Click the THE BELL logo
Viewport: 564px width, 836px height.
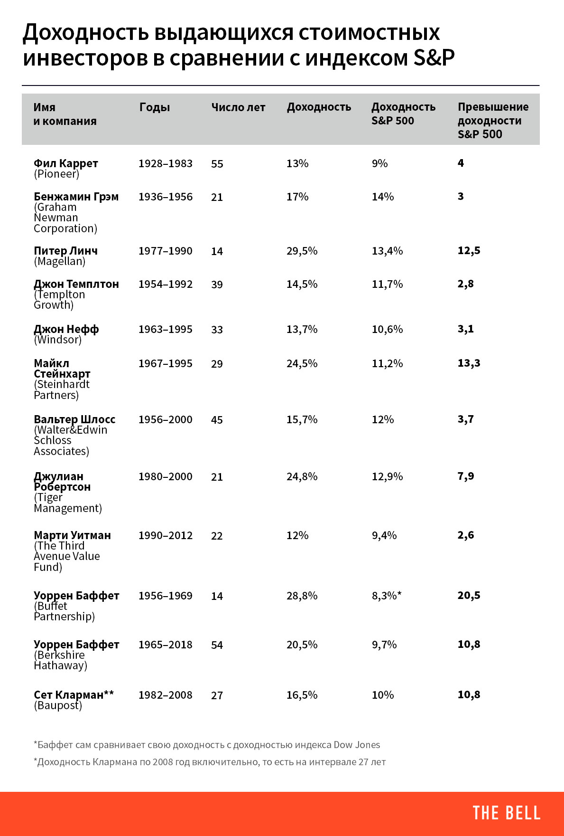506,813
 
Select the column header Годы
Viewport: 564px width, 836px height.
155,107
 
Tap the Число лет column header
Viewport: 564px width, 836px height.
238,107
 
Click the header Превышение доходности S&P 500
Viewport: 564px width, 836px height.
493,121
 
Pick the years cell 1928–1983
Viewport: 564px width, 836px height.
166,163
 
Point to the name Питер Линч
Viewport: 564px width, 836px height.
65,250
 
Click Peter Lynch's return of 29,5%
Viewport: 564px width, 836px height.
302,251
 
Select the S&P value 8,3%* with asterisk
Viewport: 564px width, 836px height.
387,596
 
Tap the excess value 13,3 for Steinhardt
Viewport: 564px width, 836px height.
469,363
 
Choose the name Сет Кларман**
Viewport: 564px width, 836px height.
74,694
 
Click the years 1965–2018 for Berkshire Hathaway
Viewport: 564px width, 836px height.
166,645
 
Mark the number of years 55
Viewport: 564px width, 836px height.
217,164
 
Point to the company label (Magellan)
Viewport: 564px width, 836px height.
60,261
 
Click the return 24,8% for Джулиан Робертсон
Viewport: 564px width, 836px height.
302,476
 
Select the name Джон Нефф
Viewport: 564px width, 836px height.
66,329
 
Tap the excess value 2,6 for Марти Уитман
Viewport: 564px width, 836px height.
465,535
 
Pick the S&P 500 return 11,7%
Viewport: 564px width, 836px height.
387,284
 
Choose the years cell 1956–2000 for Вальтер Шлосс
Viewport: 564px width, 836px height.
166,419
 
